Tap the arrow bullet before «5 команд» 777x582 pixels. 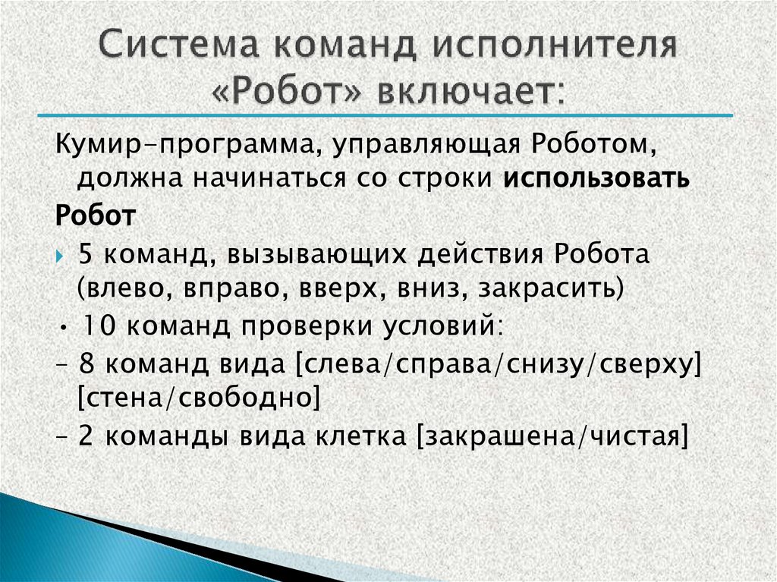pos(62,255)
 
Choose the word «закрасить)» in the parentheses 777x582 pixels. pos(562,289)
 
